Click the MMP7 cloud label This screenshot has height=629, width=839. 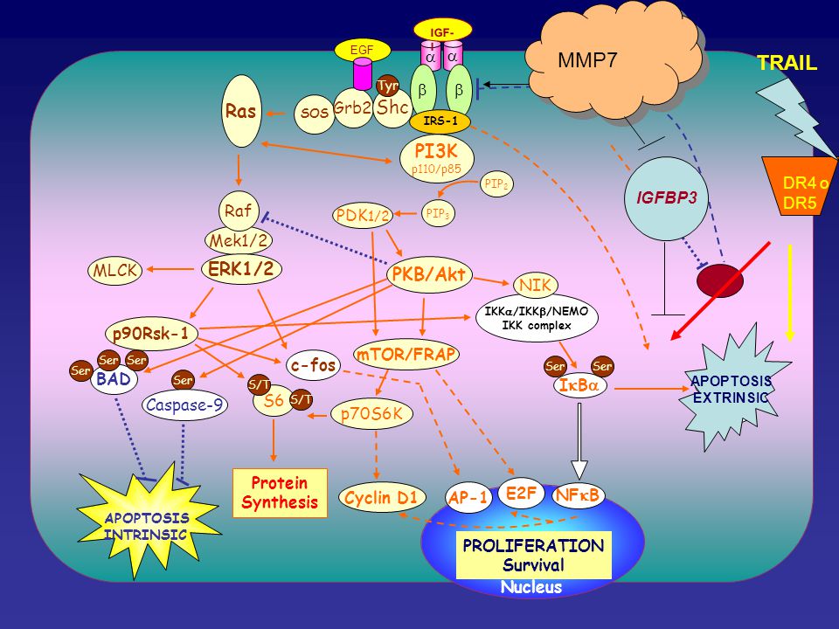(x=587, y=60)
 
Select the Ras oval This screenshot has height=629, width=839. (x=241, y=111)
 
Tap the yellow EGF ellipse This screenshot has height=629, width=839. (x=362, y=51)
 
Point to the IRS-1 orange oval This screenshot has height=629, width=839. (x=440, y=121)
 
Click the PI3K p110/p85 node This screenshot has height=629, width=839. (x=437, y=158)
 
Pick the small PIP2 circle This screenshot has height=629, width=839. (x=496, y=184)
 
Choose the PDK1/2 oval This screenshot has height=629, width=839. (x=363, y=216)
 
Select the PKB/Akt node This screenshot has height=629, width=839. (x=430, y=275)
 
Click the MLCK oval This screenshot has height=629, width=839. (x=115, y=270)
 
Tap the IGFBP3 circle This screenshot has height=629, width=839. (x=667, y=198)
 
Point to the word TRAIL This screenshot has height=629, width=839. (x=787, y=63)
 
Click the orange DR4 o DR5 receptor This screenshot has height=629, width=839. (x=800, y=186)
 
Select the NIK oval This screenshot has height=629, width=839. (x=535, y=285)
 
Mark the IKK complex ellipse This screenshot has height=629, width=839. (x=537, y=318)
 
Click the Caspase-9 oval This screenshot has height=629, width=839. (x=184, y=404)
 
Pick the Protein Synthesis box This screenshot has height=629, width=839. (x=280, y=493)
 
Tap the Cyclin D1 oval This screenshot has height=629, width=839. (x=382, y=498)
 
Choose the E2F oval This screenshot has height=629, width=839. (x=521, y=493)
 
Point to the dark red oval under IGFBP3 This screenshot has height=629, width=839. (x=719, y=280)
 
